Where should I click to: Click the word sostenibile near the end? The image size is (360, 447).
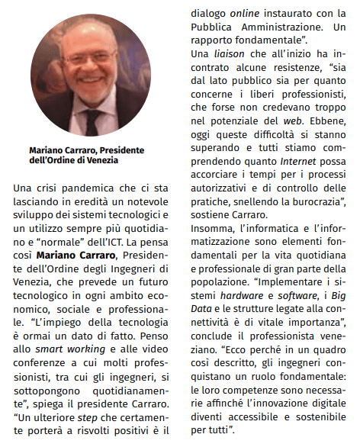coord(311,417)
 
